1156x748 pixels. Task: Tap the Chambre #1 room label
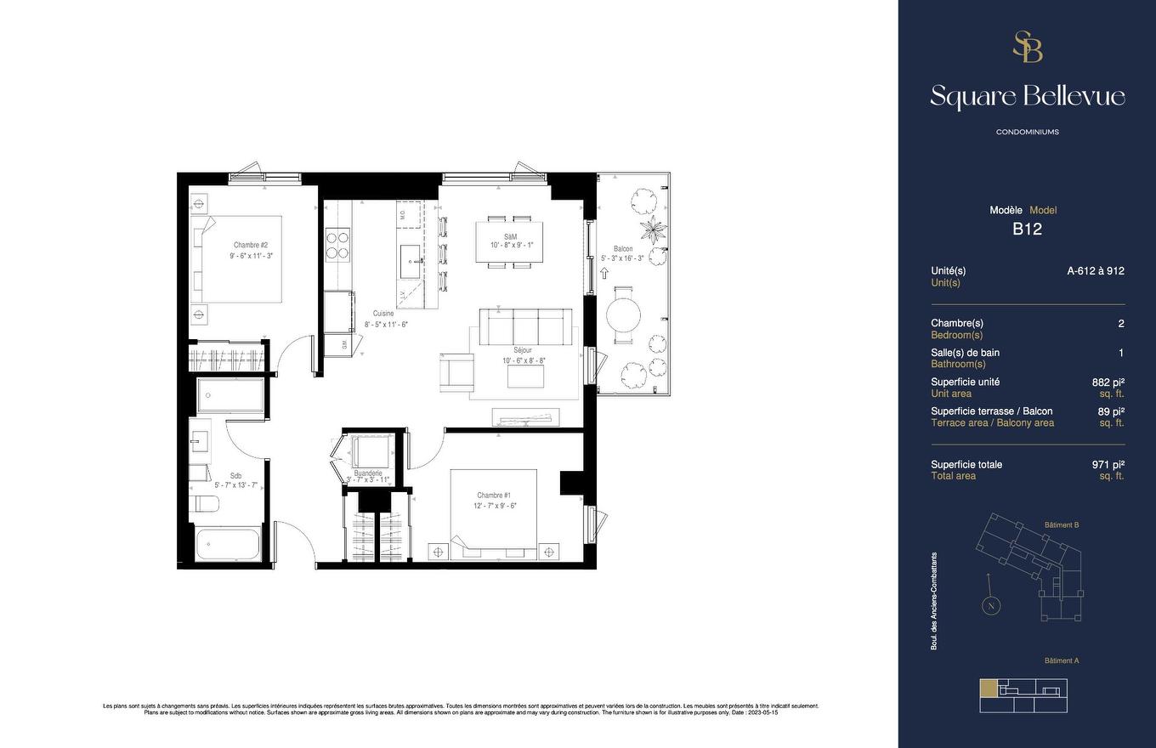494,495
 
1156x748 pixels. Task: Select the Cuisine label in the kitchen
383,314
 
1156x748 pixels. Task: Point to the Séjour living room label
522,350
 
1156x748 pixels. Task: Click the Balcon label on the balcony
623,249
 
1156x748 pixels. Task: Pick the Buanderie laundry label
368,473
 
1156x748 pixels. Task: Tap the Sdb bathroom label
235,476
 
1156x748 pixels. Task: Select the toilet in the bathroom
207,504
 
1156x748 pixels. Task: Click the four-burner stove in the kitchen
338,244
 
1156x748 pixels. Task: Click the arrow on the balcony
604,274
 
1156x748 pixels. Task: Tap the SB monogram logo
1027,47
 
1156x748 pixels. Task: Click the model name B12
1027,229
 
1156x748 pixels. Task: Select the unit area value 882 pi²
1108,382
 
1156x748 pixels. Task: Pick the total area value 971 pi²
1108,465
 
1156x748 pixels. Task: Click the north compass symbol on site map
989,606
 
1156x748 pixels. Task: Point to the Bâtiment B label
1062,525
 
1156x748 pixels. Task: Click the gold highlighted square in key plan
989,688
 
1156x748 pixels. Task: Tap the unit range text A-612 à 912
1096,271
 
